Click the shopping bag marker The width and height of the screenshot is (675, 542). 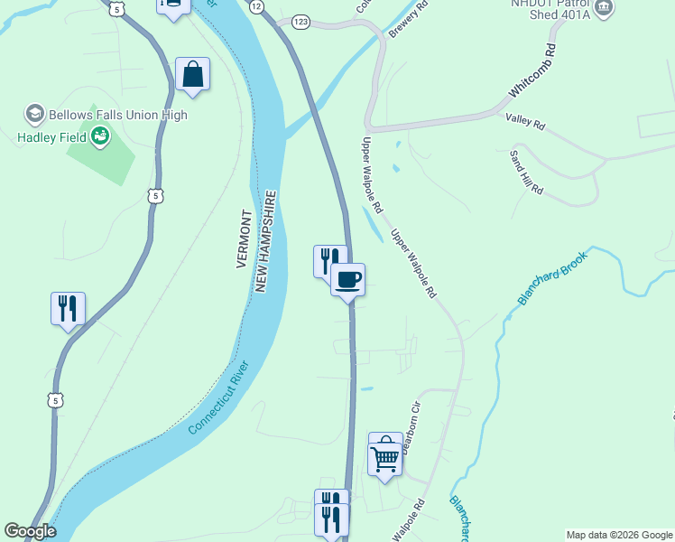click(x=193, y=75)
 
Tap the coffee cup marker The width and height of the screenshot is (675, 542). click(x=347, y=279)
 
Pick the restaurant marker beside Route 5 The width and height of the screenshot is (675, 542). click(x=69, y=309)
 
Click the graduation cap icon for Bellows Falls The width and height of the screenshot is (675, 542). click(x=34, y=115)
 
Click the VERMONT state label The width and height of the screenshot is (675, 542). click(x=243, y=239)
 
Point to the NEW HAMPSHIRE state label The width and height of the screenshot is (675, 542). click(x=264, y=241)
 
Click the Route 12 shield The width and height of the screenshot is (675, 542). click(x=257, y=6)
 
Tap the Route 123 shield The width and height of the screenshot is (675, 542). click(x=301, y=21)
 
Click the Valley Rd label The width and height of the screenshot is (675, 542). click(x=526, y=120)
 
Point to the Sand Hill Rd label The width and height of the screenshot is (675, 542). click(x=526, y=172)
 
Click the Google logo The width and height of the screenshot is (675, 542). click(x=30, y=531)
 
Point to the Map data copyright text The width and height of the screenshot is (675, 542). click(x=619, y=535)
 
